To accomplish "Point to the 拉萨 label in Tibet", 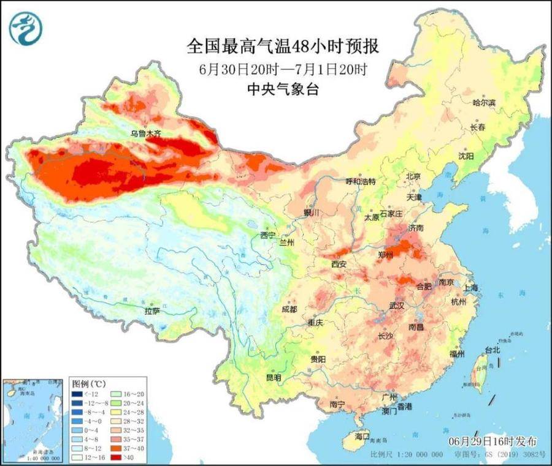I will [152, 311].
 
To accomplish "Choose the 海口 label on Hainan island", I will [362, 436].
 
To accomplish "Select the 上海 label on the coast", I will [472, 288].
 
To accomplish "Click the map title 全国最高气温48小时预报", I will [274, 46].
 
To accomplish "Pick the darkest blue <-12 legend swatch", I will [78, 394].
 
